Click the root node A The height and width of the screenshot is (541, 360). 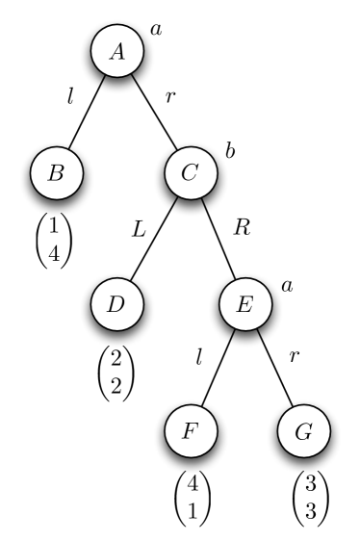pos(118,52)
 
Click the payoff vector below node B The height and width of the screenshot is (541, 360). pos(54,242)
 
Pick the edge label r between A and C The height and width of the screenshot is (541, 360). pos(170,97)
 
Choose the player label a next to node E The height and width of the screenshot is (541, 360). pos(286,285)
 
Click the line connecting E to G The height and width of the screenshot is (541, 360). pos(275,371)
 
